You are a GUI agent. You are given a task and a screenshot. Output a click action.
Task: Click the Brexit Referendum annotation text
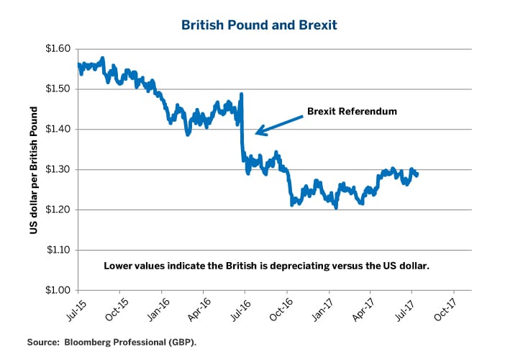(352, 112)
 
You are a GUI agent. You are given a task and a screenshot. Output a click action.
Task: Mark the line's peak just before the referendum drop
(241, 94)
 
